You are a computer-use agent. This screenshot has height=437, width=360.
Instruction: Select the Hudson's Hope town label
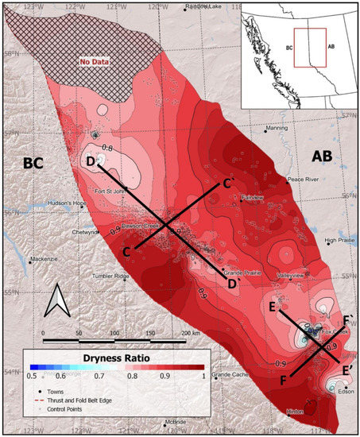[67, 203]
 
